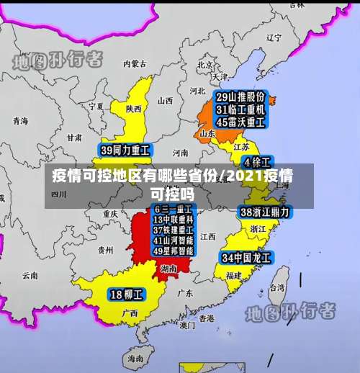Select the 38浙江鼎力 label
coord(264,212)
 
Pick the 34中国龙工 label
coord(246,257)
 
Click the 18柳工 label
coord(127,294)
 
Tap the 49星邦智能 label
coord(173,251)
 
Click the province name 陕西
coord(133,109)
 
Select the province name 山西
coord(165,101)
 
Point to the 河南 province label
coord(180,153)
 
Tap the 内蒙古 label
coord(134,64)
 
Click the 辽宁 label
coord(273,37)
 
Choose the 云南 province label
coord(29,275)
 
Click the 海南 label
coord(135,357)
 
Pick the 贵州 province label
coord(105,251)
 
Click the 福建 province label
coord(233,275)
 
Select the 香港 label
coord(207,318)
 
